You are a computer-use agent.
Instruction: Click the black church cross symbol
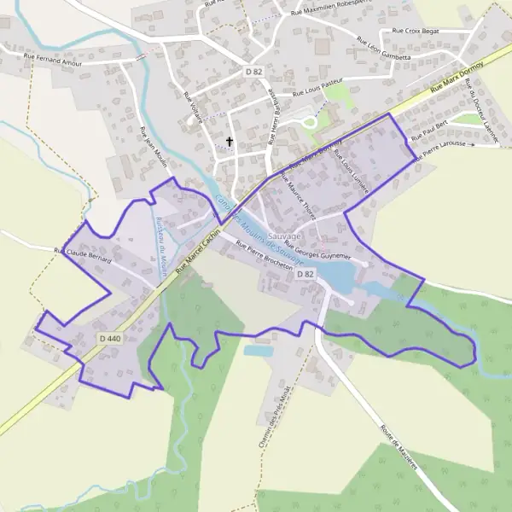229,142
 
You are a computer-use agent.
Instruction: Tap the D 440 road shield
108,340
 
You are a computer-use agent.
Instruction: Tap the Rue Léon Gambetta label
384,50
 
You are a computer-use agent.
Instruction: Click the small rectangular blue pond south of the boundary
258,350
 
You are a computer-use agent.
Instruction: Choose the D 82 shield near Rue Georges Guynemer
305,274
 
